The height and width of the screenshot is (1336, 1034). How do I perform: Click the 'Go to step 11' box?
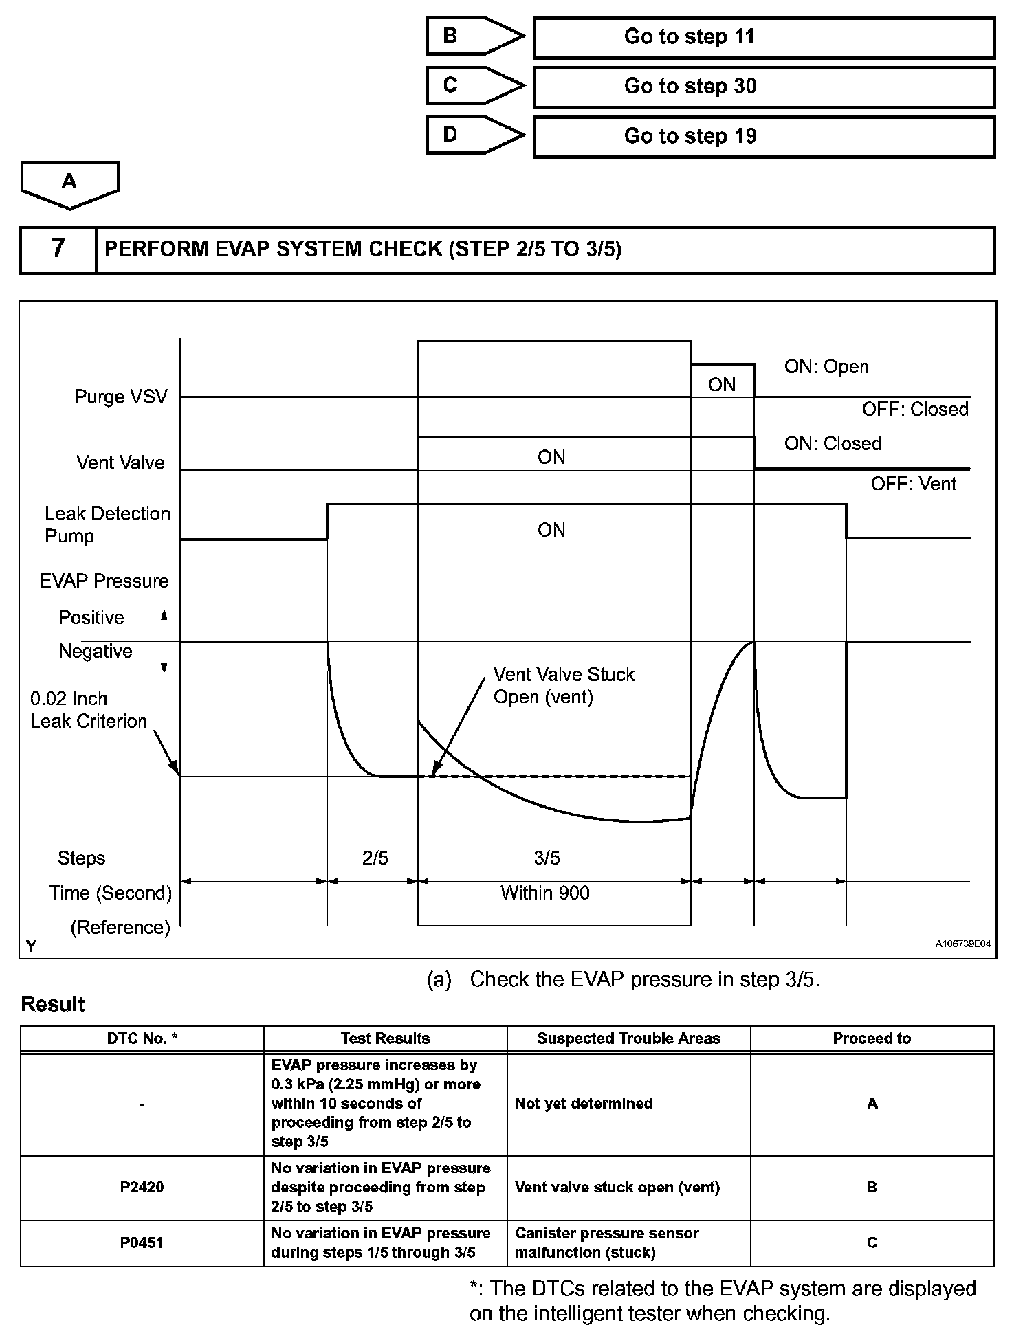point(764,37)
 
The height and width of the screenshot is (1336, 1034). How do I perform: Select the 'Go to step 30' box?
point(764,87)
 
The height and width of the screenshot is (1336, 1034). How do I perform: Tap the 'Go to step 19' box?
point(764,136)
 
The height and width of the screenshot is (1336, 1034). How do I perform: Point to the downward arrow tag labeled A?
point(69,183)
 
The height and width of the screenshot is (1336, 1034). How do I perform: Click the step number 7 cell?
point(58,249)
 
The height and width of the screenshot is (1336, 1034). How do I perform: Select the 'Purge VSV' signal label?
point(121,397)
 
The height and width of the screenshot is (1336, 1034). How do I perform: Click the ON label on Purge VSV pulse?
point(722,384)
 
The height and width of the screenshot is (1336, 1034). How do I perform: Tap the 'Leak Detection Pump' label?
point(107,524)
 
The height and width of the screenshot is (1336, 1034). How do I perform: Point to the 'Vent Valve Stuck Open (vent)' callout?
point(564,685)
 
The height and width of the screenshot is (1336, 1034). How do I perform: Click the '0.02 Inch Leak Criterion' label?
point(89,710)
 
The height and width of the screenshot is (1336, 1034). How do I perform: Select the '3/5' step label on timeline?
point(547,858)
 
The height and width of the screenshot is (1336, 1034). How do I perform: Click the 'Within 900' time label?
point(545,893)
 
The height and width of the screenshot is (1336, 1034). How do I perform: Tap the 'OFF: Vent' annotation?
point(913,484)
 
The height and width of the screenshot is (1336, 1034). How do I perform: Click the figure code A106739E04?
point(962,944)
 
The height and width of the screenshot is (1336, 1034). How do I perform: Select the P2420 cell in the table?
point(142,1187)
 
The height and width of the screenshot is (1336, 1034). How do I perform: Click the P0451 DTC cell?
point(142,1243)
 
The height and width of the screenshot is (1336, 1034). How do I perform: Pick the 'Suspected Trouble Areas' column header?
point(628,1038)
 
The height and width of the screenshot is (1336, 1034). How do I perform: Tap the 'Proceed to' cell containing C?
point(872,1243)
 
